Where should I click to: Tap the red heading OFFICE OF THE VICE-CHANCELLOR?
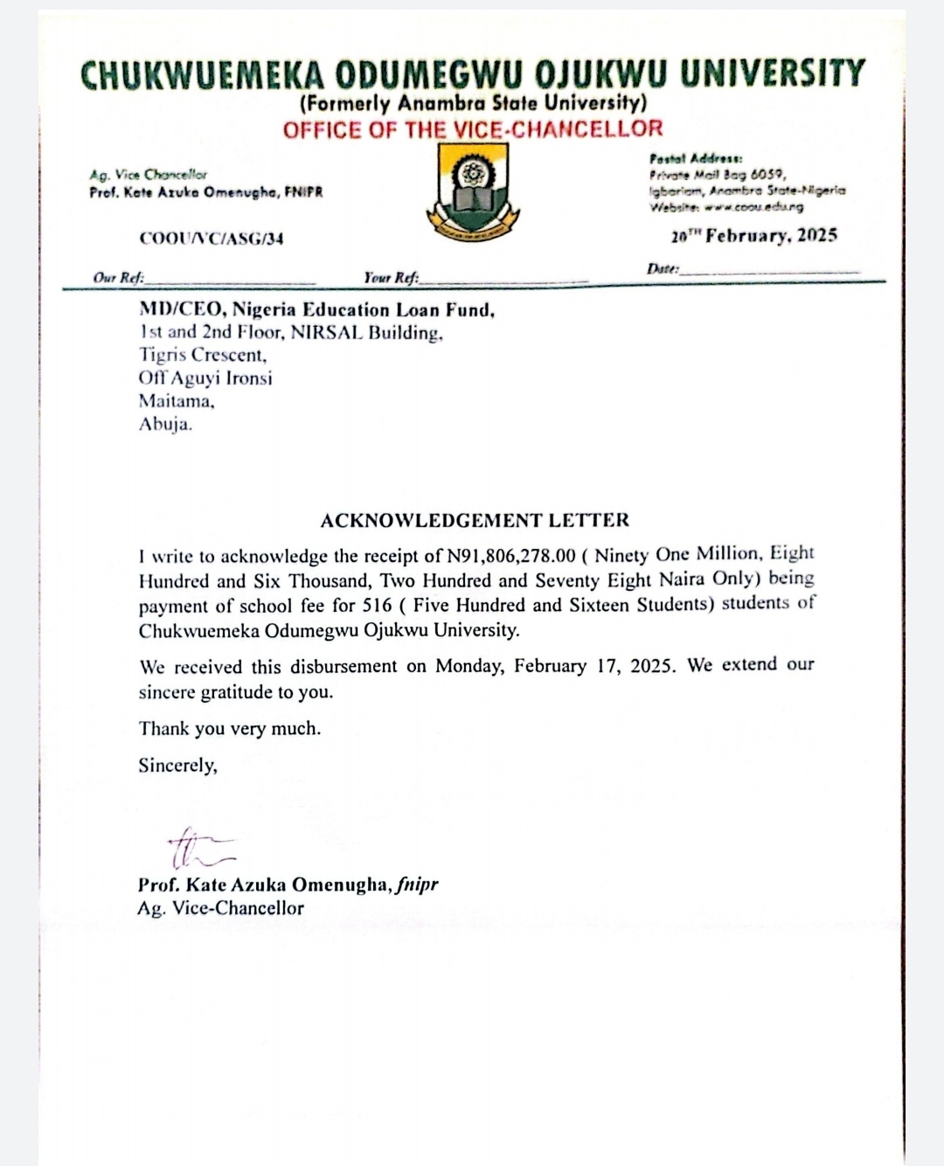(x=473, y=129)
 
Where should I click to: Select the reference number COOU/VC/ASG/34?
(x=212, y=239)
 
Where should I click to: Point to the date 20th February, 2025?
(x=754, y=236)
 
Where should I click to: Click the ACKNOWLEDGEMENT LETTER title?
(x=475, y=521)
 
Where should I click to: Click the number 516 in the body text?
(x=377, y=605)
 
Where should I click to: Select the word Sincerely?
(x=177, y=766)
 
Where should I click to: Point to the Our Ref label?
(x=118, y=278)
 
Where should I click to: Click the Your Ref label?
(x=391, y=278)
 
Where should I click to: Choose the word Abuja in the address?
(x=165, y=425)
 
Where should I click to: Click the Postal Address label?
(x=696, y=158)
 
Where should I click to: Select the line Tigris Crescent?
(x=203, y=356)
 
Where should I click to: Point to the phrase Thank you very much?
(x=229, y=729)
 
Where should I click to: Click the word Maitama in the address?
(x=177, y=402)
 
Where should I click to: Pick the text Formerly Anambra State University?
(x=473, y=103)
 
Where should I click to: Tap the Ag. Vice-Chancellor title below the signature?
(x=220, y=908)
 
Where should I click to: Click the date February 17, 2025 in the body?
(x=594, y=666)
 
